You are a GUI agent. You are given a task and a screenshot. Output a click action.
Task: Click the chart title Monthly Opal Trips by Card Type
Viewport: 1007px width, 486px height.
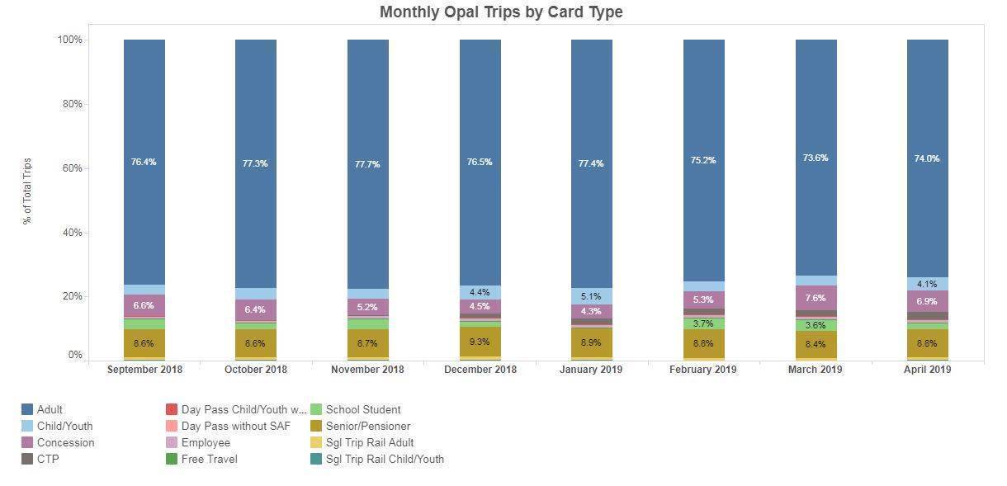coord(501,12)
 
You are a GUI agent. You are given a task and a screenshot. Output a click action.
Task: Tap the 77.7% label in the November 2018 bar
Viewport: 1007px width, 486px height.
coord(367,164)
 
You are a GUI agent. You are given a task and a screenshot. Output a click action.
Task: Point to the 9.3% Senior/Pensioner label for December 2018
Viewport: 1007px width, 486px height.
coord(480,342)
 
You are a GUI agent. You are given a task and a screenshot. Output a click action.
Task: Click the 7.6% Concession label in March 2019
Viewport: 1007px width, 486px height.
coord(816,298)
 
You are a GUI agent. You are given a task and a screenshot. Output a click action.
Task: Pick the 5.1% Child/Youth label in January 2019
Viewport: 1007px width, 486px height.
coord(592,297)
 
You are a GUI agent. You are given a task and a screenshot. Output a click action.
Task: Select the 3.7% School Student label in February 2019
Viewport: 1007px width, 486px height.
coord(703,323)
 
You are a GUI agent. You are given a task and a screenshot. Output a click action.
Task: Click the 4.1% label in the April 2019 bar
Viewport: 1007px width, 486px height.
coord(928,284)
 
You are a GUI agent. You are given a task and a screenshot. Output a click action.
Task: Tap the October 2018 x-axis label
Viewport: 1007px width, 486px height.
coord(256,370)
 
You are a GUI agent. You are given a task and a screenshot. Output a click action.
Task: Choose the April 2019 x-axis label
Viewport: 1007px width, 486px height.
coord(928,370)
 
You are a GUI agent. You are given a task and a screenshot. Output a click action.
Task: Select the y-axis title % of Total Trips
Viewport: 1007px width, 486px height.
coord(27,191)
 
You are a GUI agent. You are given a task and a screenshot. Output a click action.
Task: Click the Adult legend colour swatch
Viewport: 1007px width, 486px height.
coord(27,409)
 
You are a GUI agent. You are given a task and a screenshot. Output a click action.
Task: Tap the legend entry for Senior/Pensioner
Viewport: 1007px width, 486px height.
coord(367,426)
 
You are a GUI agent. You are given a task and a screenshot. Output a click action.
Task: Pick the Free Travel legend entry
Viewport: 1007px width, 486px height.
coord(209,459)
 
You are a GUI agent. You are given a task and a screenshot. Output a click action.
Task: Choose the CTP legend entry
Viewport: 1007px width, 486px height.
coord(48,459)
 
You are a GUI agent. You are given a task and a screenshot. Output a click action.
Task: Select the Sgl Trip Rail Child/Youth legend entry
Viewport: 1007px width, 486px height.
coord(385,459)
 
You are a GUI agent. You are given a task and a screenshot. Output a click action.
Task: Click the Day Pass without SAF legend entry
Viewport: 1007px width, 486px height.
coord(235,426)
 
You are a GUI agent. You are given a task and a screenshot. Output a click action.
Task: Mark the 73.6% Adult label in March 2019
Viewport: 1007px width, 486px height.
coord(816,158)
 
